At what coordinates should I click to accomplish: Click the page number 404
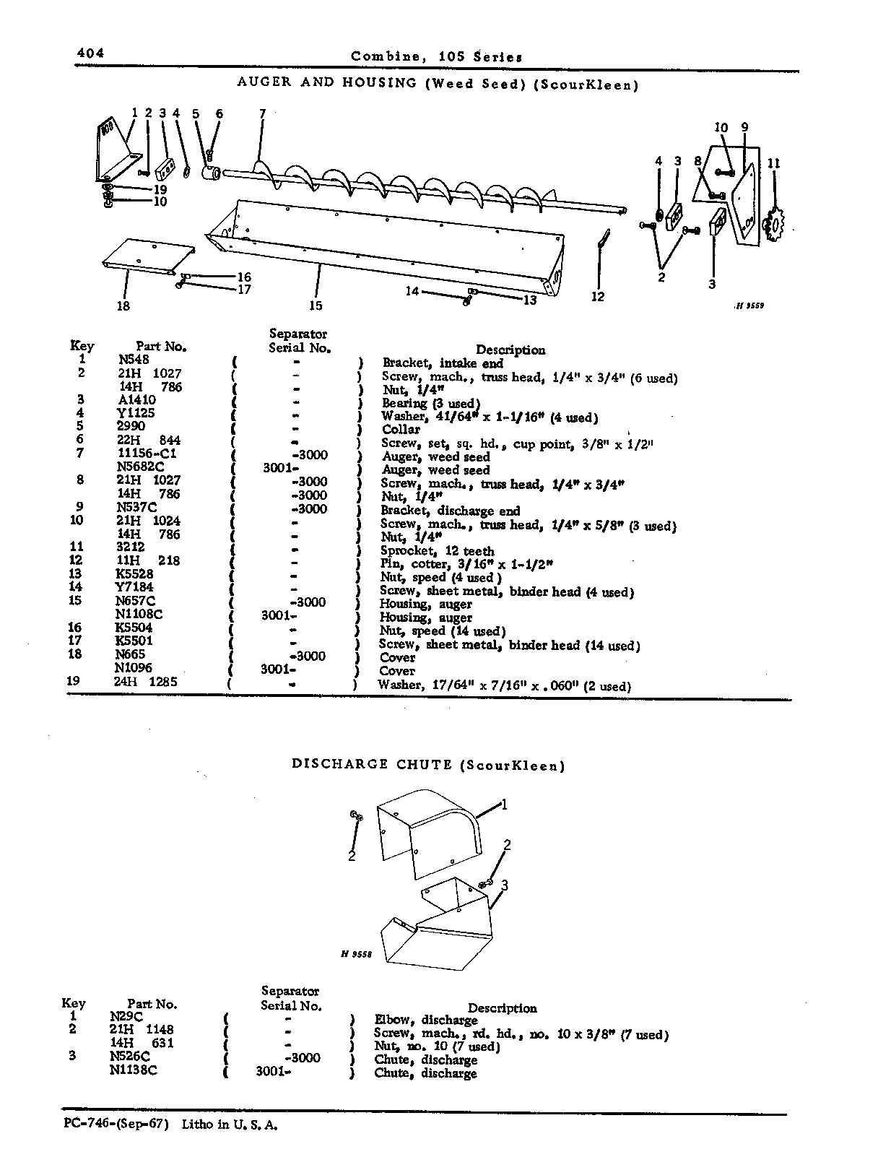click(x=90, y=53)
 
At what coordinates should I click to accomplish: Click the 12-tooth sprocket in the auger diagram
click(x=775, y=223)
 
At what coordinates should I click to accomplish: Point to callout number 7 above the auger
click(x=262, y=113)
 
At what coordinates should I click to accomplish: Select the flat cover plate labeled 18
click(x=148, y=256)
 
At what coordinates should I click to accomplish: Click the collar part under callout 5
click(x=212, y=173)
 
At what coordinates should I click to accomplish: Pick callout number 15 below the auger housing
click(x=316, y=305)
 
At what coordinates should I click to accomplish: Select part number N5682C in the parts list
click(x=137, y=467)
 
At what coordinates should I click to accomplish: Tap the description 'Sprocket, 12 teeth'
click(x=437, y=551)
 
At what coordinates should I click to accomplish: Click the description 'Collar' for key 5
click(x=401, y=429)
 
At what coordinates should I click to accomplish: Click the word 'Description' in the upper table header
click(x=510, y=350)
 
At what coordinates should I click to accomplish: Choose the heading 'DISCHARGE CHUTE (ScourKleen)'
click(x=428, y=765)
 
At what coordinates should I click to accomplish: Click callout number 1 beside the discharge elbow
click(x=504, y=804)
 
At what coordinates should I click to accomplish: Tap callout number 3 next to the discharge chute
click(x=505, y=885)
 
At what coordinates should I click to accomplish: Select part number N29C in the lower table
click(x=126, y=1016)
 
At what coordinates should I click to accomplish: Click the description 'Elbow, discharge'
click(x=426, y=1020)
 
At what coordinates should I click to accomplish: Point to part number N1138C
click(x=133, y=1070)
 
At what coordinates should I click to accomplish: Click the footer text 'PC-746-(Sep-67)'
click(x=116, y=1124)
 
